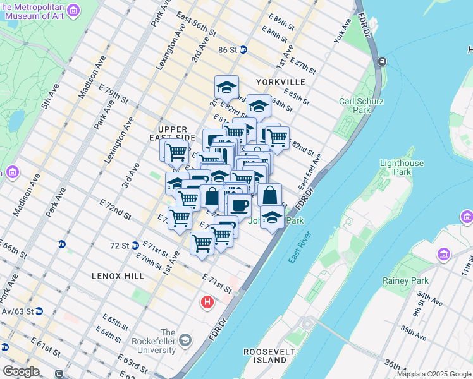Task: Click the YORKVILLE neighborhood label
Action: click(x=280, y=82)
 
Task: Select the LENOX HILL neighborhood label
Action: click(x=118, y=276)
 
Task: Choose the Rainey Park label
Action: click(x=405, y=280)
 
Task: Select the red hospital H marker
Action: click(x=207, y=303)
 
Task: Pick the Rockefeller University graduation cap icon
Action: click(x=185, y=340)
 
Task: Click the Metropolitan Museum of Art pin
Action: click(x=73, y=10)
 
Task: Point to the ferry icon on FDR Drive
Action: click(x=382, y=62)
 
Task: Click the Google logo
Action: click(x=21, y=371)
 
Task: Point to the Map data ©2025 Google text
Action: click(x=434, y=374)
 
